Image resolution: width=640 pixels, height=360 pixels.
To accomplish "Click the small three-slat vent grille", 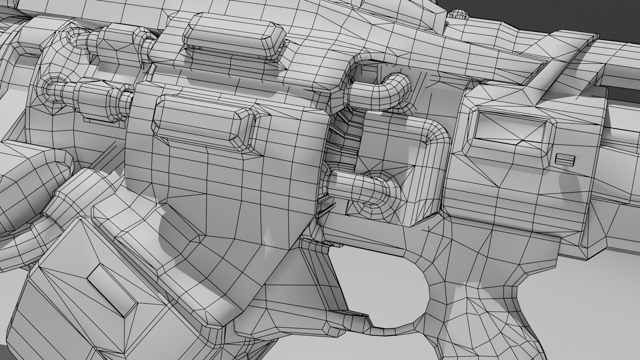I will [565, 160].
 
